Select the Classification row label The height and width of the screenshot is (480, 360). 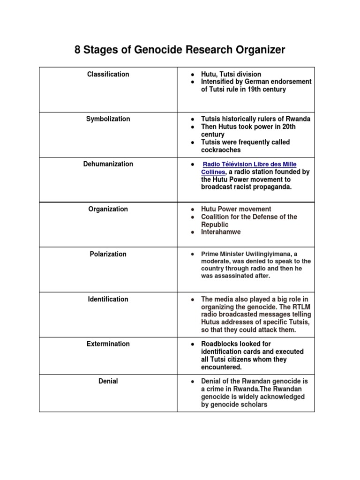(108, 74)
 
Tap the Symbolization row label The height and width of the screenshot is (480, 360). (108, 119)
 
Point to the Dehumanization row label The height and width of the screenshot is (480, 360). (108, 164)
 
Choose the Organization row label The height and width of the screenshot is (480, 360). (108, 209)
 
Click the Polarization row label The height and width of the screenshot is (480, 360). (108, 254)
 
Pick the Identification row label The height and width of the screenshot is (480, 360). (108, 299)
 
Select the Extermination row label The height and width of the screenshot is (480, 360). (108, 344)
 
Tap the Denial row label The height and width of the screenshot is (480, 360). (108, 382)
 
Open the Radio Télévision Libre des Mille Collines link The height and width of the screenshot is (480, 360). (250, 165)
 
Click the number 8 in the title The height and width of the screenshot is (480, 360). (78, 50)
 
